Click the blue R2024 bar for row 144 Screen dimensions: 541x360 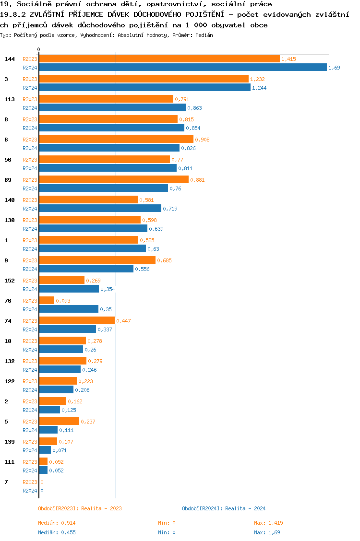182,68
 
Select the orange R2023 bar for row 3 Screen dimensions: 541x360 144,79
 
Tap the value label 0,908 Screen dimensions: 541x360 202,140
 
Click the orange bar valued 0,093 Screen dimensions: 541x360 47,301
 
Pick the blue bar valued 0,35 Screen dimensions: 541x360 69,309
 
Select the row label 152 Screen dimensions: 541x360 10,281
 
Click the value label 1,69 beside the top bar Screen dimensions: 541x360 334,68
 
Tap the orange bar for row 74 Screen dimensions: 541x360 77,321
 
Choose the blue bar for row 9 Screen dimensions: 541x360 86,269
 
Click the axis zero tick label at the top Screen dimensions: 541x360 39,50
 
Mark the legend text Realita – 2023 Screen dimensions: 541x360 101,508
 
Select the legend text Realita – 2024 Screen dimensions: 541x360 245,508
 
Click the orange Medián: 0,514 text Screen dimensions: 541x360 57,523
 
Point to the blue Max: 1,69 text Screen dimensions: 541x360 267,532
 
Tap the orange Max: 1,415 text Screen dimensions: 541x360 268,523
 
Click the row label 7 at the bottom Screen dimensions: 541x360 6,482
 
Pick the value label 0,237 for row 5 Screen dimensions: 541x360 88,422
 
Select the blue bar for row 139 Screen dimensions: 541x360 45,450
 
